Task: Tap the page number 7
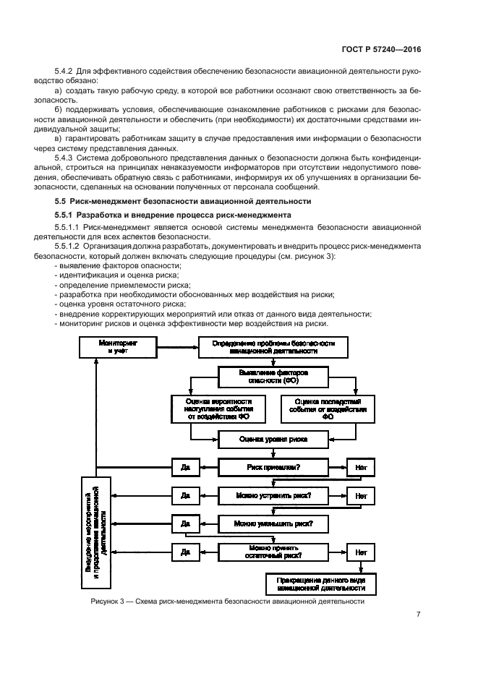[x=418, y=615]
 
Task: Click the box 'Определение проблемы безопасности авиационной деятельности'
[x=273, y=346]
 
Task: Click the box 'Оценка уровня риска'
[x=273, y=438]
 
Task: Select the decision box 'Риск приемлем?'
[x=273, y=467]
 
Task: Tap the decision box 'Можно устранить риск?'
[x=273, y=495]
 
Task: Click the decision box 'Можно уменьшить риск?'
[x=273, y=523]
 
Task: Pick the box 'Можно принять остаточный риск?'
[x=273, y=552]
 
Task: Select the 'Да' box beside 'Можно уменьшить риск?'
[x=185, y=523]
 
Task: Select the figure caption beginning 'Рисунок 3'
[x=227, y=601]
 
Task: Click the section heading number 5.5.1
[x=67, y=215]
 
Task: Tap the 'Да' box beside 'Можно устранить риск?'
[x=185, y=495]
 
